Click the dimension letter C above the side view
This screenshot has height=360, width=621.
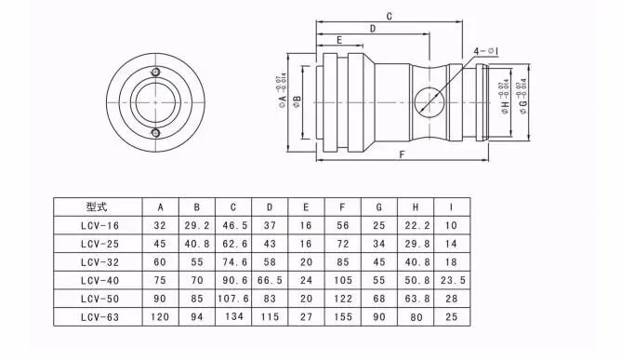click(x=389, y=17)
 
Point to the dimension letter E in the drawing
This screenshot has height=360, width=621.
click(x=339, y=41)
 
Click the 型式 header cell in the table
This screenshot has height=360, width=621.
click(x=97, y=207)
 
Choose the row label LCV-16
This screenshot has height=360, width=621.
click(x=97, y=224)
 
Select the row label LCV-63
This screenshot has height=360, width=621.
click(x=97, y=317)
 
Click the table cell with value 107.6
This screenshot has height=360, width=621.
click(x=232, y=299)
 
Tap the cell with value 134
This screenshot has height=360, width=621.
click(x=232, y=317)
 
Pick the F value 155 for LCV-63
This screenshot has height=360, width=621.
click(x=342, y=317)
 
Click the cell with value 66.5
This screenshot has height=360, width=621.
click(x=269, y=280)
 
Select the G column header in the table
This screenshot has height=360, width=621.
click(x=378, y=207)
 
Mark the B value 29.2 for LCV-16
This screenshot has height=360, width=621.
click(x=196, y=224)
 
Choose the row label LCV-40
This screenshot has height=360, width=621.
click(x=97, y=280)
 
